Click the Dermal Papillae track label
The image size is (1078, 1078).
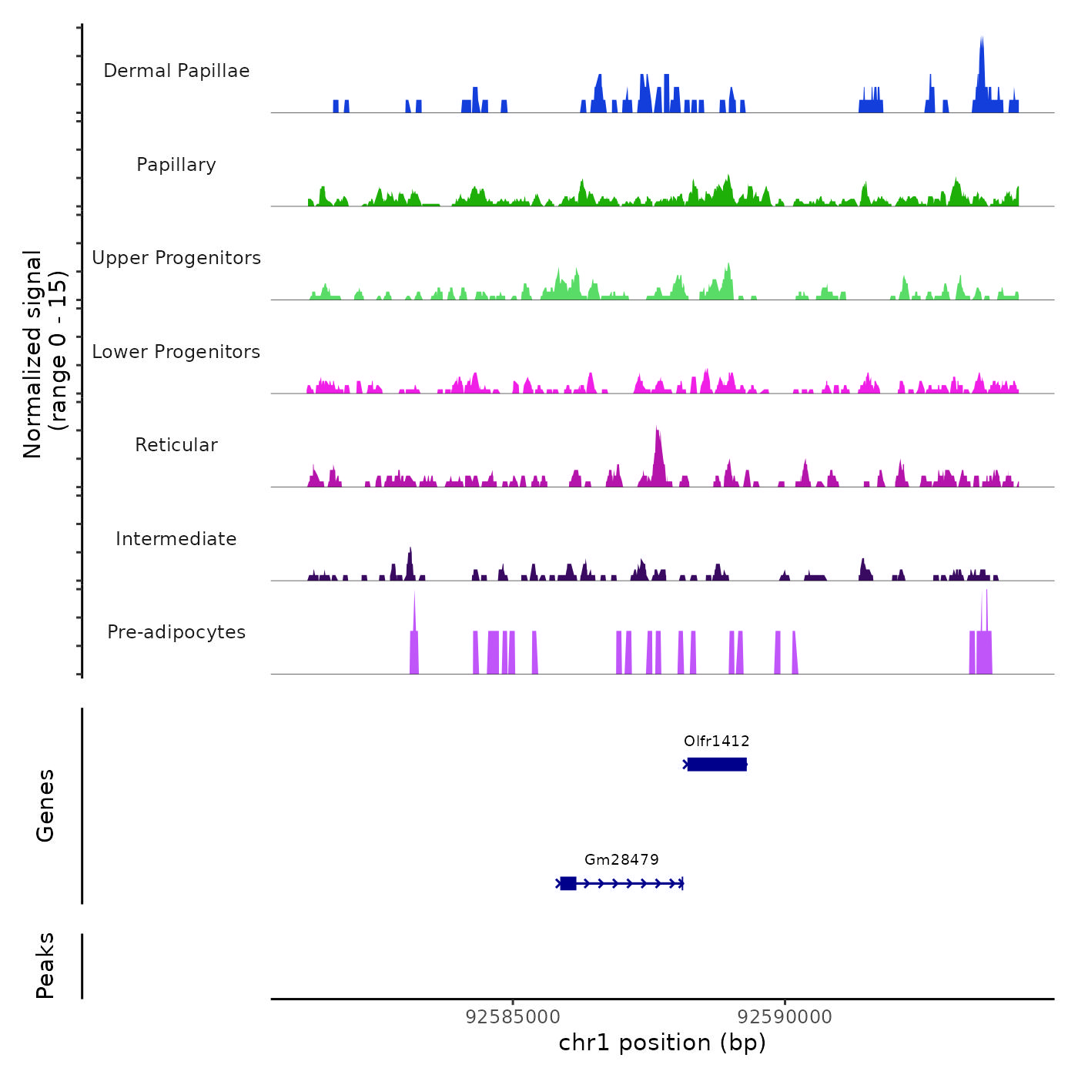click(176, 71)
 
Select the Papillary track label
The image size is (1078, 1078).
click(176, 165)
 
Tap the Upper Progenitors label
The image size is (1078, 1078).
click(176, 258)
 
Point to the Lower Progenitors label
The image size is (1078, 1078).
click(176, 352)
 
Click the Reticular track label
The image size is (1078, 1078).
click(176, 445)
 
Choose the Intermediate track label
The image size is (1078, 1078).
click(176, 539)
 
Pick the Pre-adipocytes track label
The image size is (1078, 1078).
click(176, 632)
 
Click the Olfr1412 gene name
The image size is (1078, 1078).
click(716, 741)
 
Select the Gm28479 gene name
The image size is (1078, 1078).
click(621, 859)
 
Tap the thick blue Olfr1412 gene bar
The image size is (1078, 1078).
click(717, 765)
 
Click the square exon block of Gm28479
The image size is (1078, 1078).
click(568, 883)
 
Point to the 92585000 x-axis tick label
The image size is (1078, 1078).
click(513, 1017)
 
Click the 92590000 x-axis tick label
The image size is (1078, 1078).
click(785, 1017)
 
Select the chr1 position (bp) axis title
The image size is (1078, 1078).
click(662, 1043)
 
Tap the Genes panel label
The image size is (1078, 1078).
click(45, 805)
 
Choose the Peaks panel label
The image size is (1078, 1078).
click(45, 966)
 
